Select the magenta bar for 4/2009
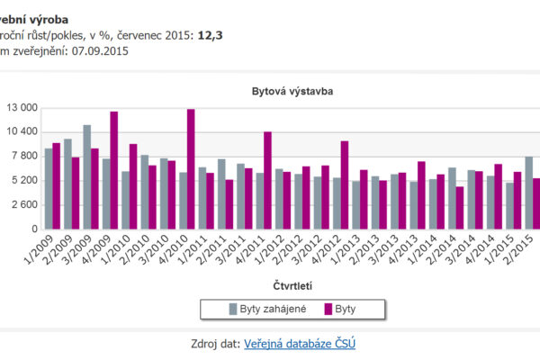(x=114, y=170)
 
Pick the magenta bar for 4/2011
(x=267, y=180)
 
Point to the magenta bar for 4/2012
(x=344, y=184)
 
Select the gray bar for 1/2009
(x=49, y=188)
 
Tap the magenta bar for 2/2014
(x=459, y=207)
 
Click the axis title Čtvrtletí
(x=292, y=285)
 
